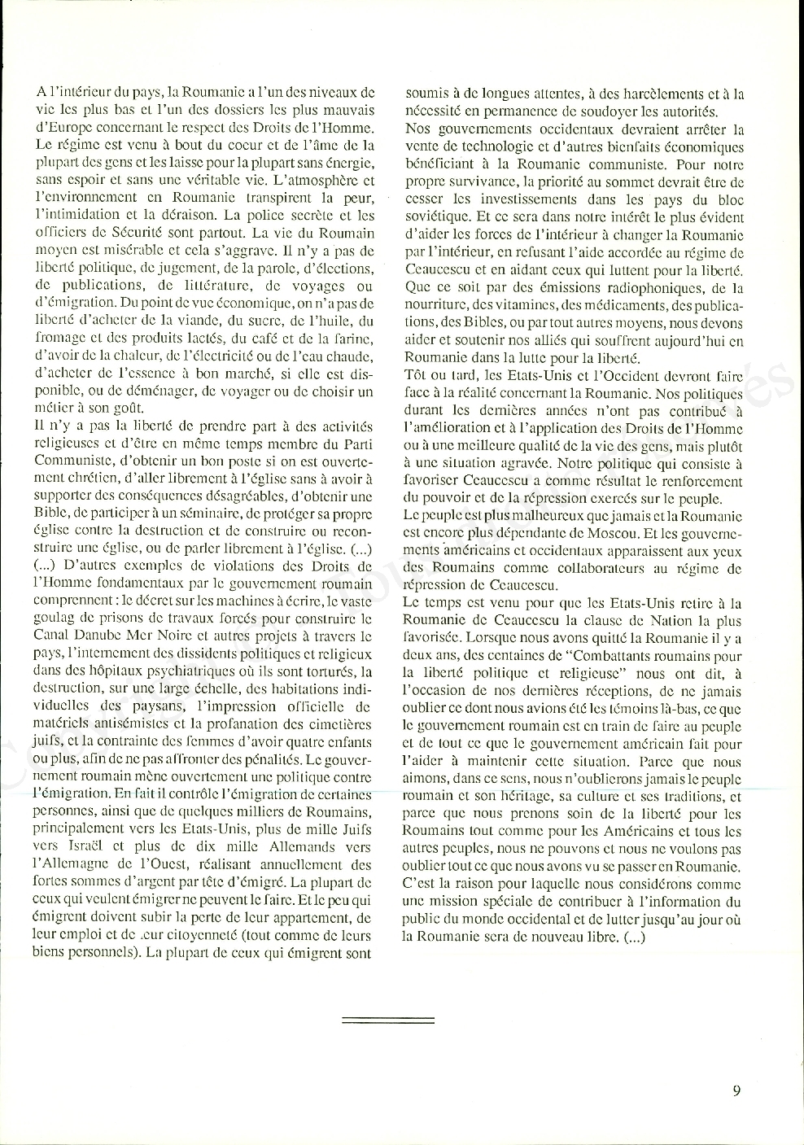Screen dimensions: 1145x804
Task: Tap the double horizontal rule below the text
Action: click(x=388, y=1020)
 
